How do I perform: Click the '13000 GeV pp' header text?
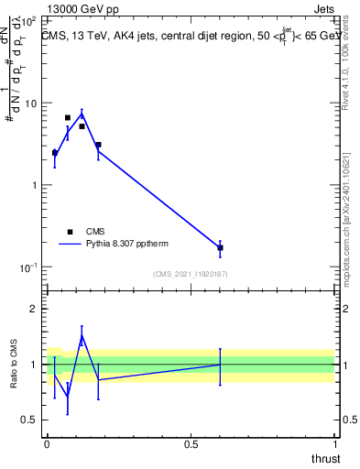[80, 7]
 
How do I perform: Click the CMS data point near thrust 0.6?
[220, 247]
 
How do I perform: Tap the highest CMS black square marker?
[68, 117]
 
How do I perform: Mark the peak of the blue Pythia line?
[82, 114]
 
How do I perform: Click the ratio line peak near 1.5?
[82, 335]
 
